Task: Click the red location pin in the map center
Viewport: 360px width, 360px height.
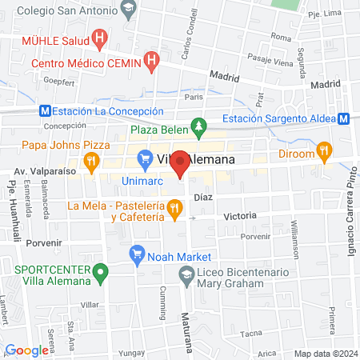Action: [x=180, y=164]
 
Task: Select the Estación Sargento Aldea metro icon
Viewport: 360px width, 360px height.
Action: [x=342, y=118]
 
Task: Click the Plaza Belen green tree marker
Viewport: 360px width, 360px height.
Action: [x=198, y=127]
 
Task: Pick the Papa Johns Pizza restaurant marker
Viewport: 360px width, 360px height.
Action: [x=93, y=159]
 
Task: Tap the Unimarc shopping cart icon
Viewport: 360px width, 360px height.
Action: [x=144, y=159]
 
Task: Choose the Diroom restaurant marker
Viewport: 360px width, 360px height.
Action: [x=323, y=150]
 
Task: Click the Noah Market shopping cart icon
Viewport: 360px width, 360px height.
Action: [x=136, y=256]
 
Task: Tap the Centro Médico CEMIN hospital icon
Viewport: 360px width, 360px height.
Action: [x=153, y=62]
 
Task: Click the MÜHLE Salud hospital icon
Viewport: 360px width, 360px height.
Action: [x=99, y=38]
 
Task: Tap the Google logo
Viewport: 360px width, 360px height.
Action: [x=26, y=350]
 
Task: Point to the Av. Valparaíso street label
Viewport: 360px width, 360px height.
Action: [x=43, y=171]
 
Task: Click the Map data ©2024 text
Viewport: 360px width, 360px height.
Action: [x=325, y=354]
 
